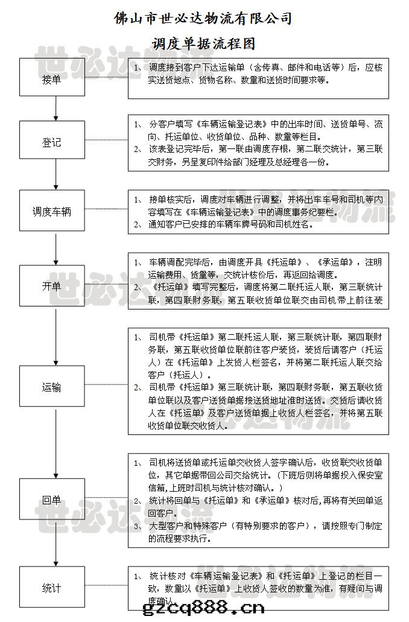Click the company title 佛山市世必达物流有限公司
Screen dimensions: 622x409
click(x=203, y=19)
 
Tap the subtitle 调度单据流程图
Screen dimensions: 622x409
click(x=203, y=43)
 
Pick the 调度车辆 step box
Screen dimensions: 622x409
click(x=55, y=212)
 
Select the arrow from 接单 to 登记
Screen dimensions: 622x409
click(x=55, y=109)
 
